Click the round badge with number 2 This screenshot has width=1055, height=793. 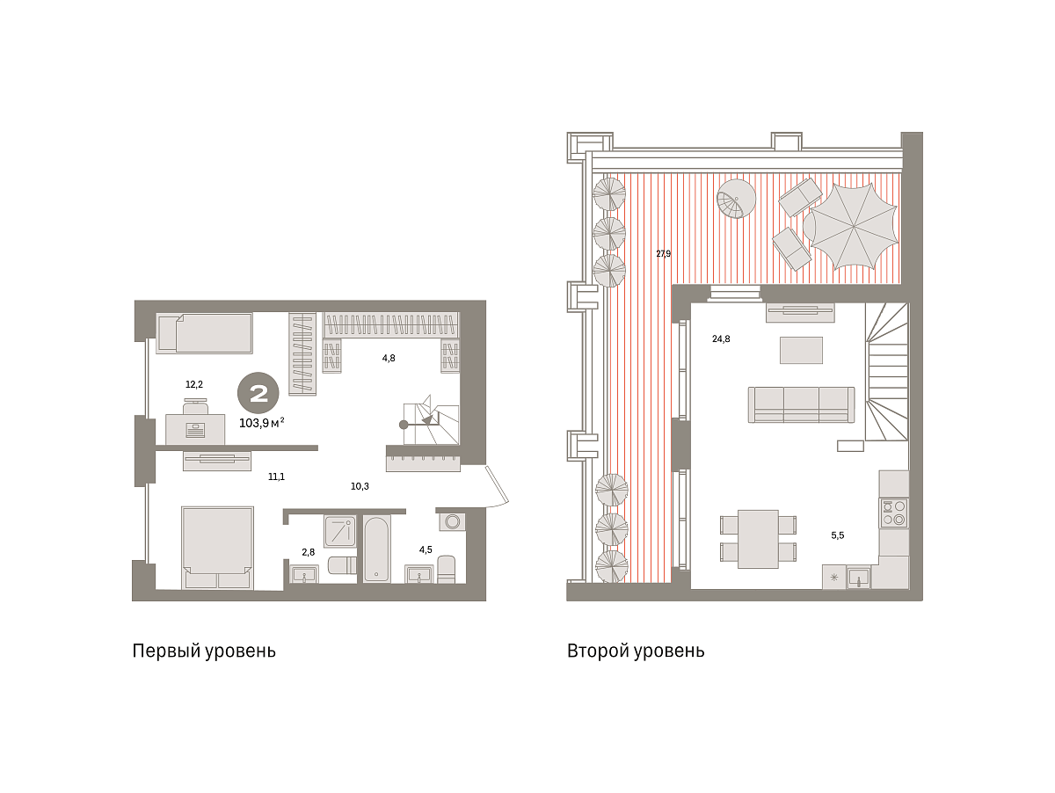(258, 393)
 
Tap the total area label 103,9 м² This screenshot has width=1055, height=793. (261, 423)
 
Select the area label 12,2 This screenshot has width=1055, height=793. (194, 384)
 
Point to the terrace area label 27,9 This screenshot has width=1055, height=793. (663, 253)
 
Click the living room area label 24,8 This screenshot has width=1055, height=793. (720, 338)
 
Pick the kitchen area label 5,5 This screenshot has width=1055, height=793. (837, 535)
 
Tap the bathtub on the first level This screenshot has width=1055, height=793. (376, 549)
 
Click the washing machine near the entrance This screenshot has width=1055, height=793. (452, 521)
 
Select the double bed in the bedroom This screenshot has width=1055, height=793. (217, 548)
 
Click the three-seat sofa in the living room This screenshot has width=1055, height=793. (801, 404)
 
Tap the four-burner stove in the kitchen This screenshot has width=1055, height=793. (893, 513)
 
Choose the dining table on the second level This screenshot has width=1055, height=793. (758, 539)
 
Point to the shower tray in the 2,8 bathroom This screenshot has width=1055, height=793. (340, 531)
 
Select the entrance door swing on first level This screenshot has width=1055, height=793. (497, 486)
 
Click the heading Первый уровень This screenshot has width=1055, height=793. (204, 651)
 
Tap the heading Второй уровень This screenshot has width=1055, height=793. (636, 651)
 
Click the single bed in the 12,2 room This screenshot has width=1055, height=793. (204, 333)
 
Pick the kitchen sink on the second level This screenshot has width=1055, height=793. (858, 577)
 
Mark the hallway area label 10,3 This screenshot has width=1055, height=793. (360, 486)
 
